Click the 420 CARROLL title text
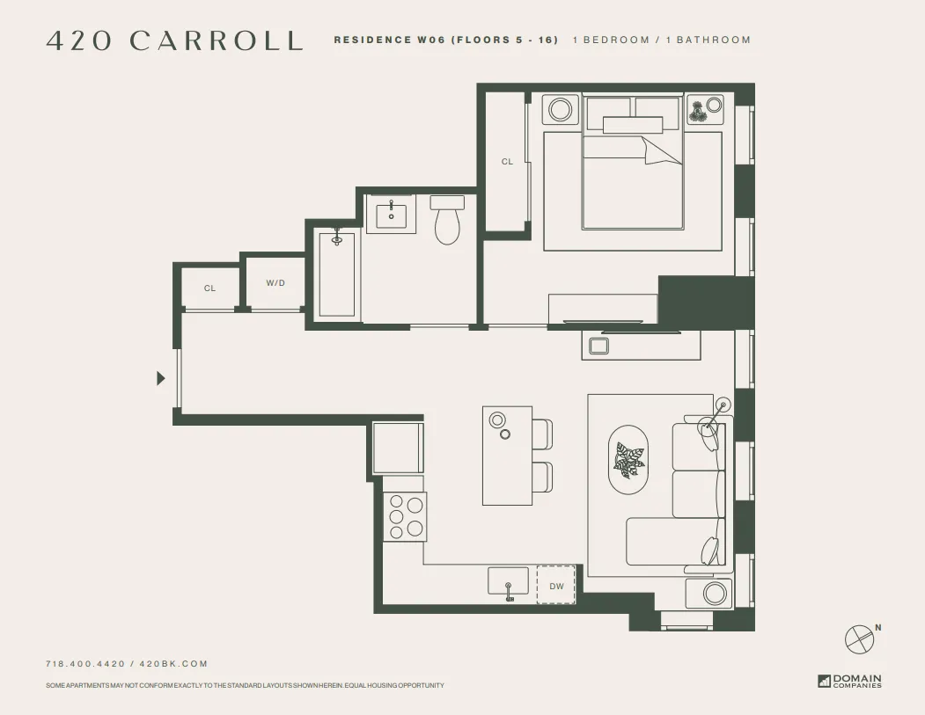(x=174, y=40)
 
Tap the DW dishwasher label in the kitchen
(x=556, y=586)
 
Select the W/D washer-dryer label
(x=275, y=283)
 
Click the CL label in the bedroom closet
(x=507, y=162)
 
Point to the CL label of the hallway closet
(x=209, y=288)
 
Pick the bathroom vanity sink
(x=391, y=215)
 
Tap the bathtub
(x=336, y=274)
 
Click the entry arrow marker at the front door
(x=160, y=378)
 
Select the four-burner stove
(x=405, y=516)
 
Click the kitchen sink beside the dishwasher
(x=509, y=582)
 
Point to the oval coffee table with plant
(x=629, y=460)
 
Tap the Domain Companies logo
(x=849, y=681)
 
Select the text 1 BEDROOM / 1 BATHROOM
(x=662, y=40)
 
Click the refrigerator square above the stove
(x=398, y=448)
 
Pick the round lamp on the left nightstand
(x=560, y=109)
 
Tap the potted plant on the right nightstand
(x=700, y=111)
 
